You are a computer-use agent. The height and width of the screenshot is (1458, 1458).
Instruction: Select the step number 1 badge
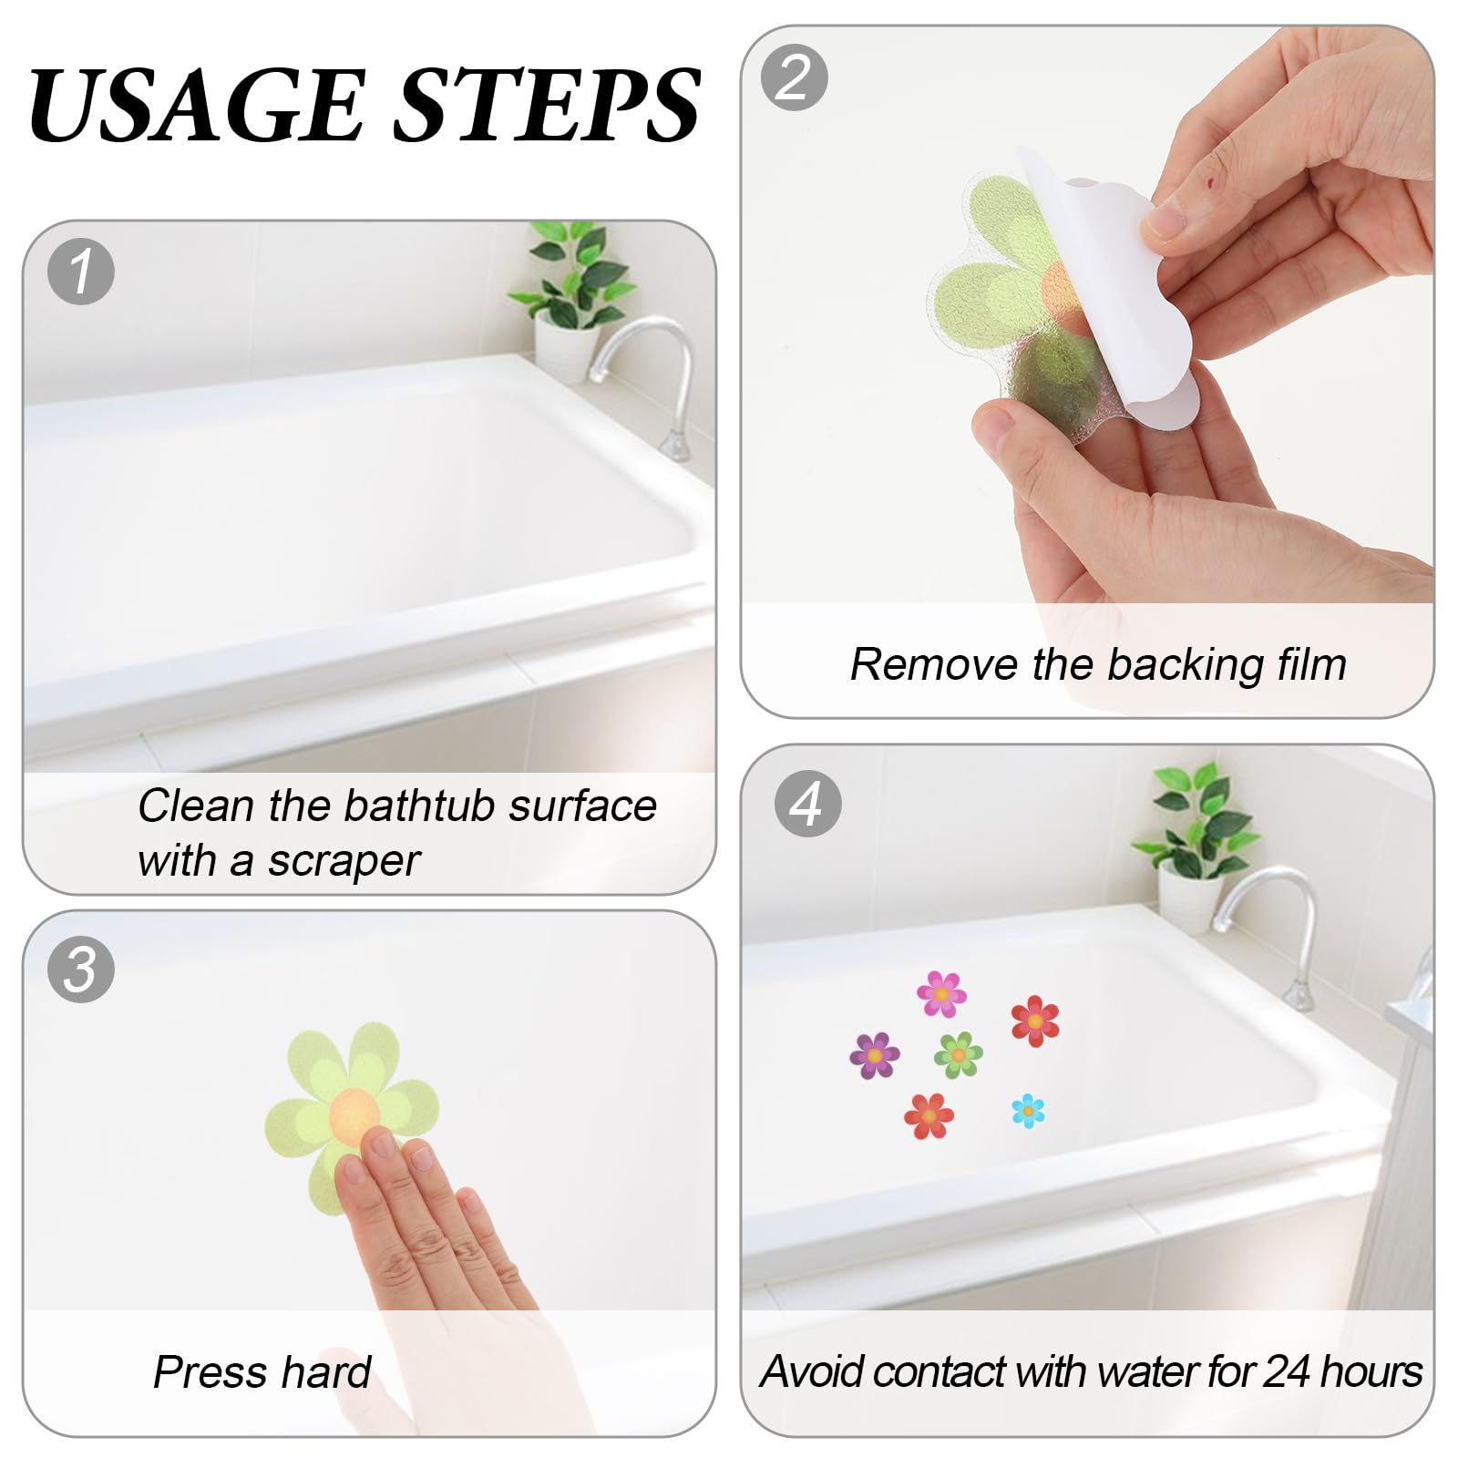point(81,272)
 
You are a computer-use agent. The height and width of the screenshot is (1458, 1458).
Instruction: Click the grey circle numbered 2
point(795,77)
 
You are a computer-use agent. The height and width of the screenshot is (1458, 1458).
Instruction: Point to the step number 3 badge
point(81,969)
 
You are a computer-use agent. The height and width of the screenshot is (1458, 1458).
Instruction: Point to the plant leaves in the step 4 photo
point(1194,820)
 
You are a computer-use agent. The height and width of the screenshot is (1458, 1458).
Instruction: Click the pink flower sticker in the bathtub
point(941,994)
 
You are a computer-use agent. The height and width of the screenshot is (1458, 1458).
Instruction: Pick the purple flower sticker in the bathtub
point(875,1056)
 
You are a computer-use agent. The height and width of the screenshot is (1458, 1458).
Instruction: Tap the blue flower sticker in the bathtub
point(1028,1110)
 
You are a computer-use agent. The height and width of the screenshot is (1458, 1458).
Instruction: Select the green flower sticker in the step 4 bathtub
point(959,1055)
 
